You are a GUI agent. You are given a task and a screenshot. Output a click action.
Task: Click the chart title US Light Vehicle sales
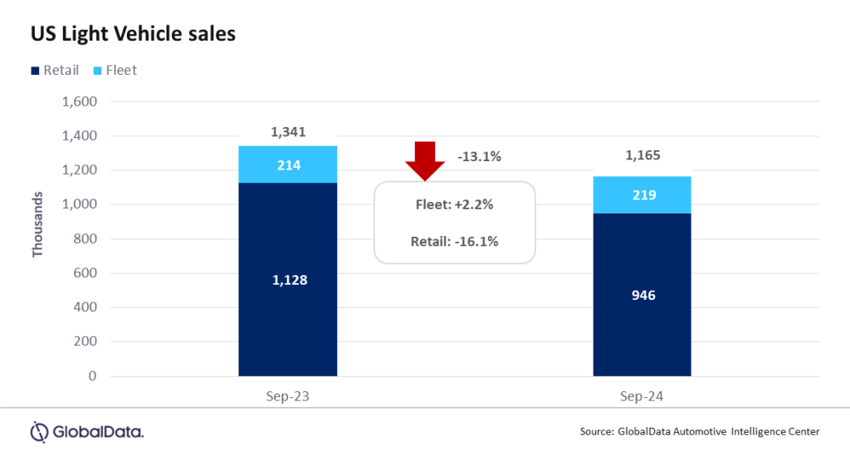click(133, 34)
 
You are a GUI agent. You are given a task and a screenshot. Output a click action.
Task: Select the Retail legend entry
click(55, 71)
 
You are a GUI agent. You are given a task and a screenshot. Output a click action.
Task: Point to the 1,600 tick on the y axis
click(80, 102)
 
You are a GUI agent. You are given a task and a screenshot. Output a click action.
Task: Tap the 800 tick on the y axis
click(85, 239)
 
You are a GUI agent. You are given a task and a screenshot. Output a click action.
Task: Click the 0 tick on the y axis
click(93, 376)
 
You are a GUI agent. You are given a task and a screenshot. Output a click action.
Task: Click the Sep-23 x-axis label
click(287, 397)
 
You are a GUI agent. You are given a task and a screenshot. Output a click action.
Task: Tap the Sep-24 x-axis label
click(642, 397)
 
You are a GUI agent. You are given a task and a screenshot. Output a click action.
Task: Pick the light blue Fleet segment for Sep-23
click(287, 164)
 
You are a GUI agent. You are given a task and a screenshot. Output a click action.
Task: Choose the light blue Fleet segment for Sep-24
click(642, 195)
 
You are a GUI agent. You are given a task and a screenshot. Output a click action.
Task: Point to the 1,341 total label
click(287, 132)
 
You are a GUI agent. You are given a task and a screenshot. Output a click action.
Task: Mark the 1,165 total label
click(642, 154)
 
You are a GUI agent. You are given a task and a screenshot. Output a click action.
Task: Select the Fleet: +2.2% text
click(455, 204)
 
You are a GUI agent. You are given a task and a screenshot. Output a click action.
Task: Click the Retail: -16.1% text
click(455, 242)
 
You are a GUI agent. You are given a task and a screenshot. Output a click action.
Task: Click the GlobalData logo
click(87, 431)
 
